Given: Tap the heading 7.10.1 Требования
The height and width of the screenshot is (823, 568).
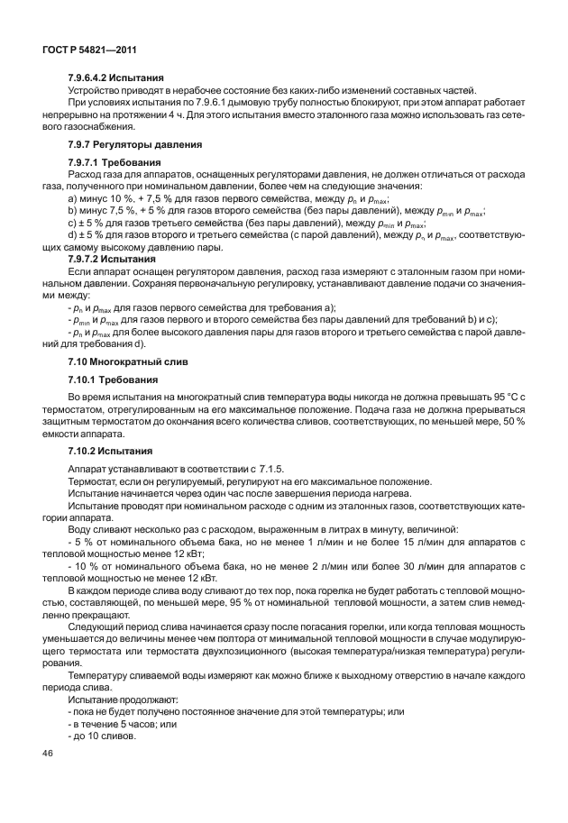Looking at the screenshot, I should click(112, 379).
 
